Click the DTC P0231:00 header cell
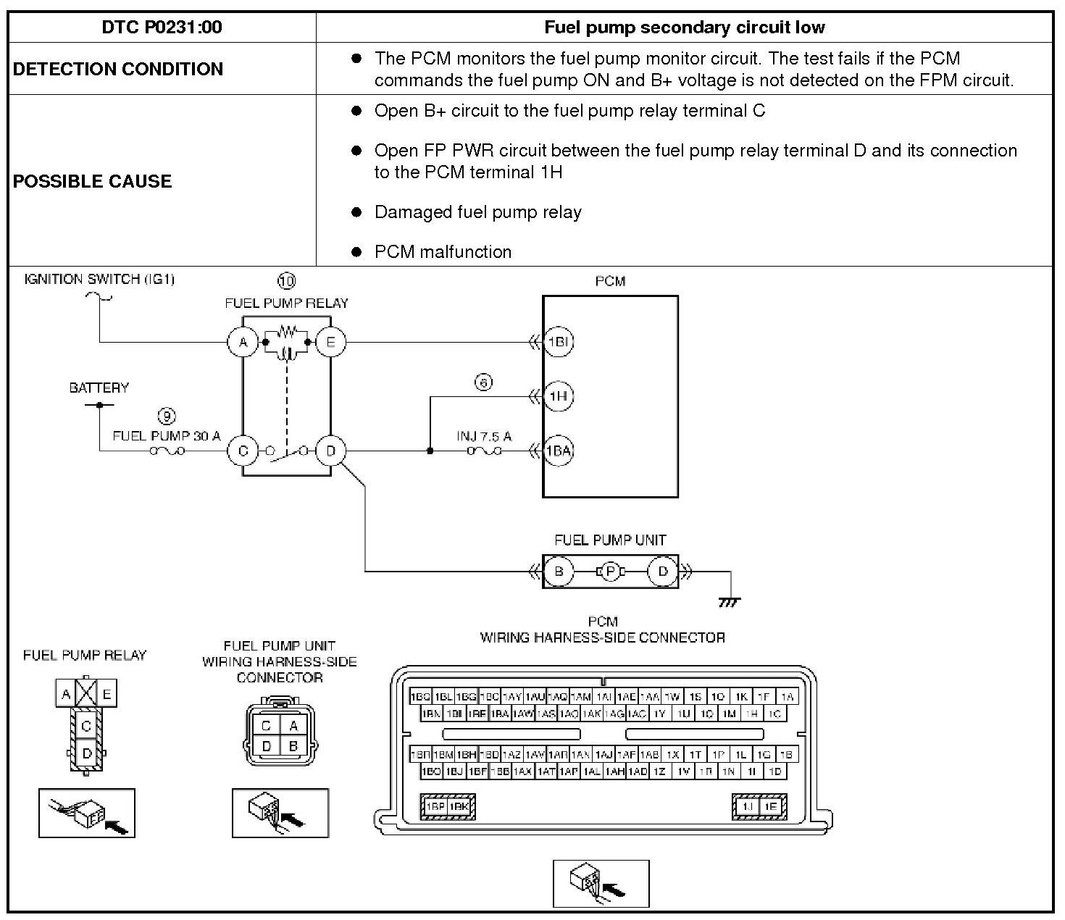[x=162, y=28]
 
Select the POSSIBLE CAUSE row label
[x=92, y=181]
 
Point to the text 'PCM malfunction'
[x=443, y=252]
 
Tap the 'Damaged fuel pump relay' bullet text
[x=477, y=212]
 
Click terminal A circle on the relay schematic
[x=243, y=342]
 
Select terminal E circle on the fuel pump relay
[x=331, y=342]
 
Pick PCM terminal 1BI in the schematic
[x=558, y=342]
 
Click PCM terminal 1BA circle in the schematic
[x=558, y=451]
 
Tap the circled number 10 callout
[x=287, y=280]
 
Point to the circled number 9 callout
[x=167, y=416]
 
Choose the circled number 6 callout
[x=483, y=382]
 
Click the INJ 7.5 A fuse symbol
[x=484, y=451]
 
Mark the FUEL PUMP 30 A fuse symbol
[x=167, y=451]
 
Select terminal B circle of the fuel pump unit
[x=558, y=572]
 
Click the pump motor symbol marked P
[x=611, y=572]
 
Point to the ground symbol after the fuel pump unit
[x=730, y=601]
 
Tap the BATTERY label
[x=99, y=388]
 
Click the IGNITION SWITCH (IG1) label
[x=99, y=279]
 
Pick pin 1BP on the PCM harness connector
[x=435, y=806]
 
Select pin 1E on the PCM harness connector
[x=771, y=806]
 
